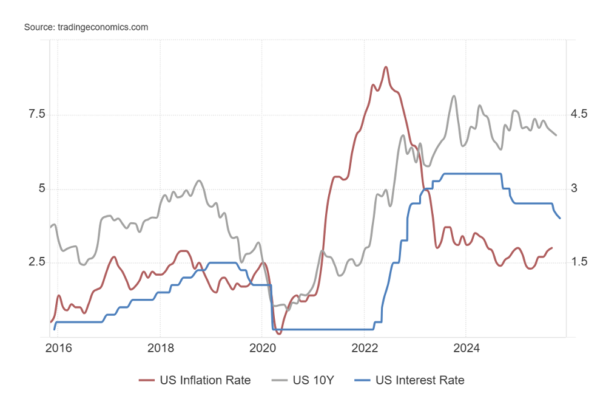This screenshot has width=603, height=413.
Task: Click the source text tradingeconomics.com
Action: coord(86,27)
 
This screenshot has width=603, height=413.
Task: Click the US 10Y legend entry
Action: coord(313,381)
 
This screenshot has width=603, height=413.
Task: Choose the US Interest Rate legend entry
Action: coord(419,381)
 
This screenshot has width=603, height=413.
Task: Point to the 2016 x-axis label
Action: coord(58,349)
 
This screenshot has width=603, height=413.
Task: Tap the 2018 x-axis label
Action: coord(160,349)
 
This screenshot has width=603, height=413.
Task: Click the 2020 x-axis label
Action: coord(261,349)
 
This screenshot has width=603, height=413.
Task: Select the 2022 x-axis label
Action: coord(363,349)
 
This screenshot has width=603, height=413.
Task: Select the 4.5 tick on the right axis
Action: coord(579,114)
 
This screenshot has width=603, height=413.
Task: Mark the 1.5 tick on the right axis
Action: coord(579,262)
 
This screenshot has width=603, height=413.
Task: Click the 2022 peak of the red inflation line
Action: coord(386,67)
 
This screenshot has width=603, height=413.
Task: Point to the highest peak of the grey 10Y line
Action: coord(454,96)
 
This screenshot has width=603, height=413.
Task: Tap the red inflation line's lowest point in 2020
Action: coord(278,333)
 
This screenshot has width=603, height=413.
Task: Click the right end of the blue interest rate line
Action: coord(559,218)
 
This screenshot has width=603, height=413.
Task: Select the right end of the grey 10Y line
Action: coord(556,135)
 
